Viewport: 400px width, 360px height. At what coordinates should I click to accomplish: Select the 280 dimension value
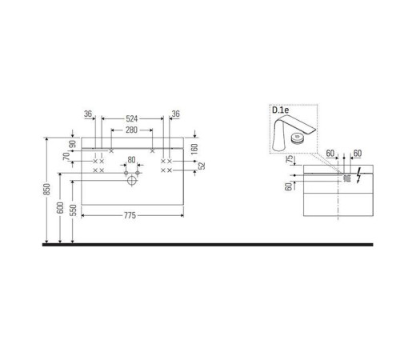click(x=131, y=130)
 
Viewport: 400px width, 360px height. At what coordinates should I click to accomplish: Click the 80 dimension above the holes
click(x=131, y=160)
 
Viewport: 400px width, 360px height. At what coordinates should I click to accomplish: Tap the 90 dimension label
click(x=73, y=145)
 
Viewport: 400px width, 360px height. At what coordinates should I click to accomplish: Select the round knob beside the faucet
click(x=298, y=137)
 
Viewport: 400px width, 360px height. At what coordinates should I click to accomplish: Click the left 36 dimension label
click(x=88, y=114)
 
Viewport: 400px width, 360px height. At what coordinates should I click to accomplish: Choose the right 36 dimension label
click(x=174, y=114)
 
